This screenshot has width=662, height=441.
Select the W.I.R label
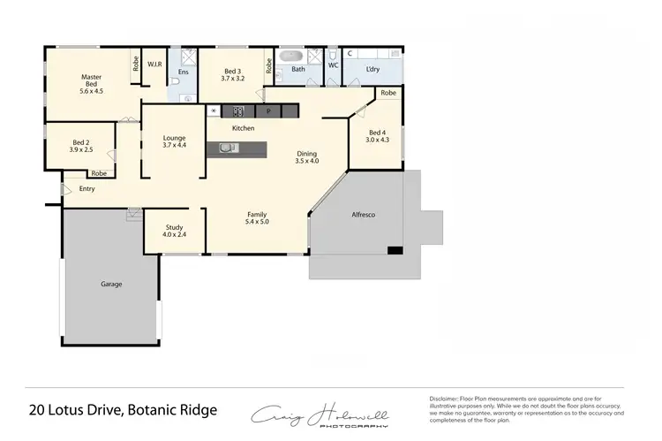tap(154, 65)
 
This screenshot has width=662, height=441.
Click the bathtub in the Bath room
tap(292, 56)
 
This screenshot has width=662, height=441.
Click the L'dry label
tap(373, 68)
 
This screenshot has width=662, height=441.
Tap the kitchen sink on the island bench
tap(227, 148)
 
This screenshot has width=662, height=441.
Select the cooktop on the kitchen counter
tap(237, 111)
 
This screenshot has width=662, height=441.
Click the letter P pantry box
tap(267, 112)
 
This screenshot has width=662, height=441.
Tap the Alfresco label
tap(364, 215)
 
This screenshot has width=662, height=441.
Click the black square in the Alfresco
tap(395, 251)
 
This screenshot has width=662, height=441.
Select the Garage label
tap(111, 284)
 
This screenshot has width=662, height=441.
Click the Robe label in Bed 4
tap(387, 93)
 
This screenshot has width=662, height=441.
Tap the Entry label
tap(87, 188)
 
